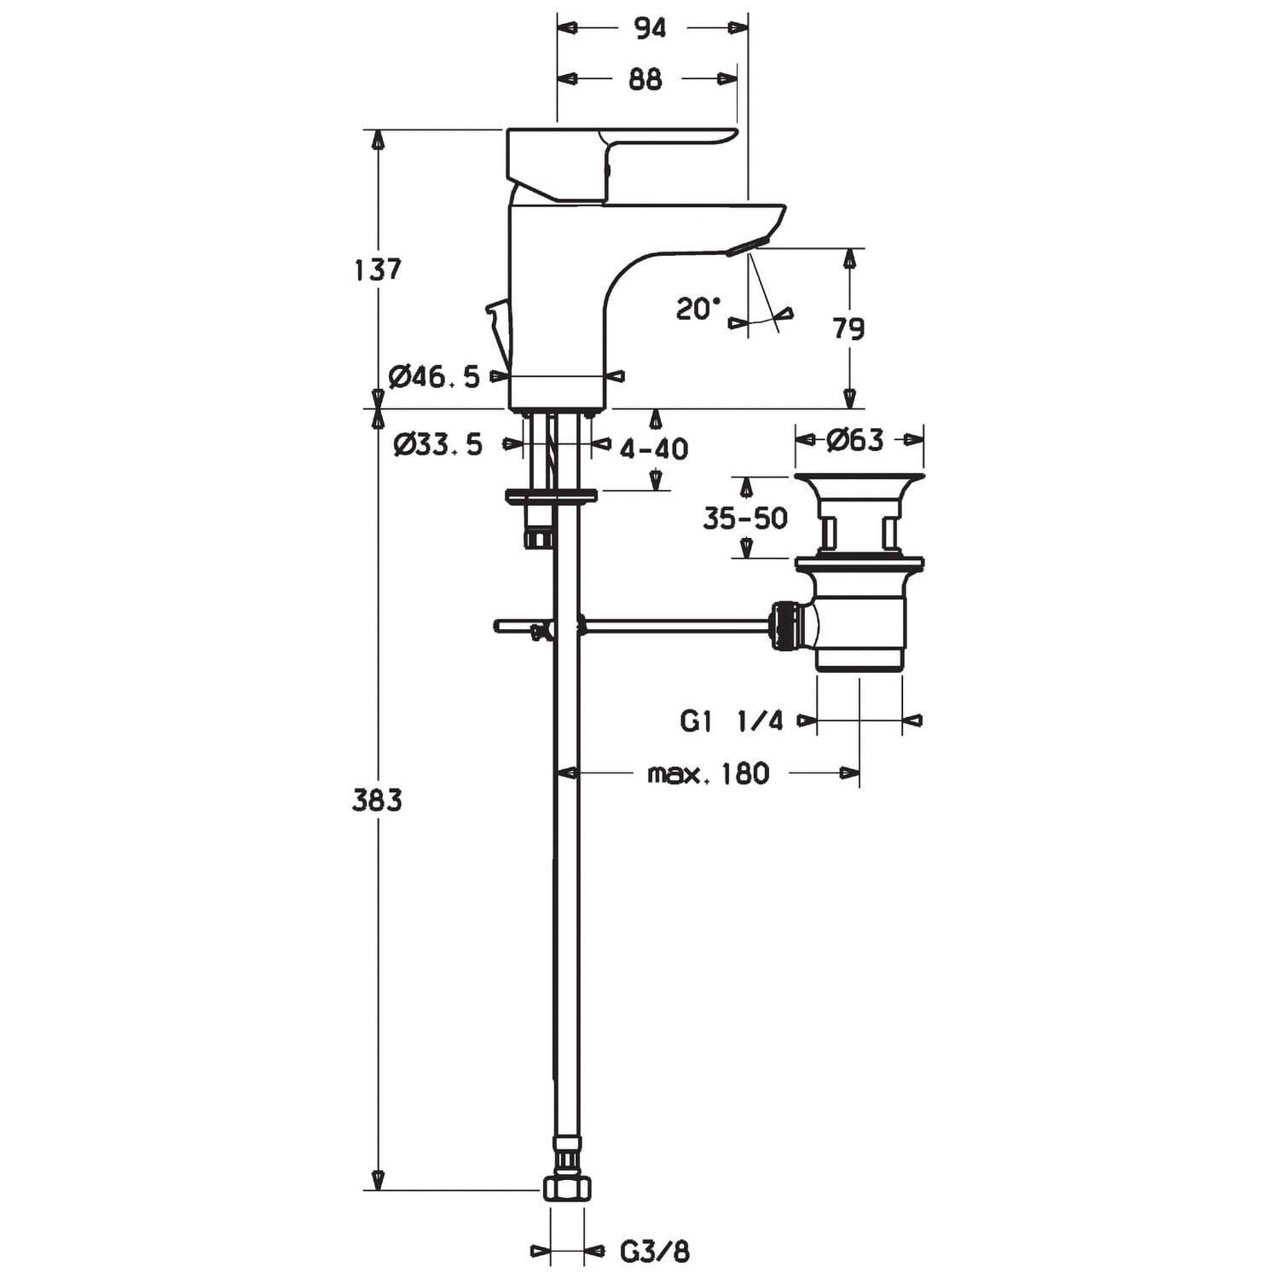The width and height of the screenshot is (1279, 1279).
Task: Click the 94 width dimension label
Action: click(x=650, y=28)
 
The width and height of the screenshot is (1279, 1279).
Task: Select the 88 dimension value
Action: click(x=645, y=79)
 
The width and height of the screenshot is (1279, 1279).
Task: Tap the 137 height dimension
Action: click(x=377, y=269)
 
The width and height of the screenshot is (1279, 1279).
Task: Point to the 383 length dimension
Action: click(x=377, y=800)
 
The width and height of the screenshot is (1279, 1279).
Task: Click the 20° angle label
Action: click(x=697, y=309)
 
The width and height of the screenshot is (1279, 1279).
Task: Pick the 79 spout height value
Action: click(x=848, y=328)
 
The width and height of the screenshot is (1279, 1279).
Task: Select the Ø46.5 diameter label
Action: click(x=434, y=376)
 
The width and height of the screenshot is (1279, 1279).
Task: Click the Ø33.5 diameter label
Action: click(x=437, y=444)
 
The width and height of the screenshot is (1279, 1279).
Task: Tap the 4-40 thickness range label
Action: click(x=654, y=449)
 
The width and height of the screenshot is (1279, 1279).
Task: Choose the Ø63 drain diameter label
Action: click(x=855, y=440)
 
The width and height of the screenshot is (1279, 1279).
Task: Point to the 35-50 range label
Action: click(x=744, y=518)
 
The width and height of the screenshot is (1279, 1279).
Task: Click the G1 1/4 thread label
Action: click(x=731, y=721)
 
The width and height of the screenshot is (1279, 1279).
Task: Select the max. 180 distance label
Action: click(x=708, y=773)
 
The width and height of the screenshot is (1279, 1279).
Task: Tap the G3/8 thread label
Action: click(x=654, y=1252)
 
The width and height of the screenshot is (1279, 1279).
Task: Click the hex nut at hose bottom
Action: click(x=567, y=1188)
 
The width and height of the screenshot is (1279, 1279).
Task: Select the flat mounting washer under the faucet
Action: click(x=551, y=495)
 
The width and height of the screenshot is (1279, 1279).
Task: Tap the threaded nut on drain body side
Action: click(x=786, y=627)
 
